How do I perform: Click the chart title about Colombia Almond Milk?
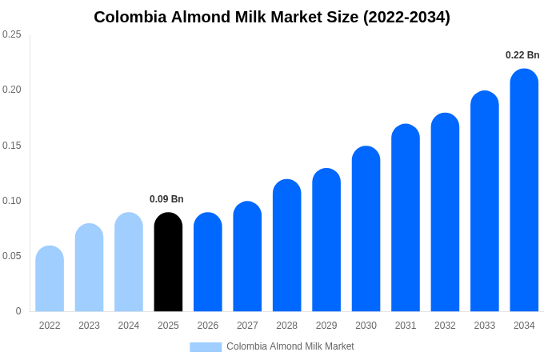click(272, 17)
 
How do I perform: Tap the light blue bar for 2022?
click(50, 279)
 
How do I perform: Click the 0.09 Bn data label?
click(166, 199)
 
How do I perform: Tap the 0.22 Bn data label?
click(522, 55)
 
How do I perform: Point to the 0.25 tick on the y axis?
click(12, 34)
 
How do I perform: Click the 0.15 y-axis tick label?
click(12, 145)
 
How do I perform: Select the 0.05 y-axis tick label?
click(12, 256)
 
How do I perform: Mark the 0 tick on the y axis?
click(18, 311)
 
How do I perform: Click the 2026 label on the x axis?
click(208, 326)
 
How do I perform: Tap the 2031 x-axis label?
click(406, 326)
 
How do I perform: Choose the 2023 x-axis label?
click(89, 326)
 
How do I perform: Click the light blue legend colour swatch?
click(206, 346)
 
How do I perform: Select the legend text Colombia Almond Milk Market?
click(290, 346)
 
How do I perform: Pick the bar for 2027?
click(247, 257)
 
